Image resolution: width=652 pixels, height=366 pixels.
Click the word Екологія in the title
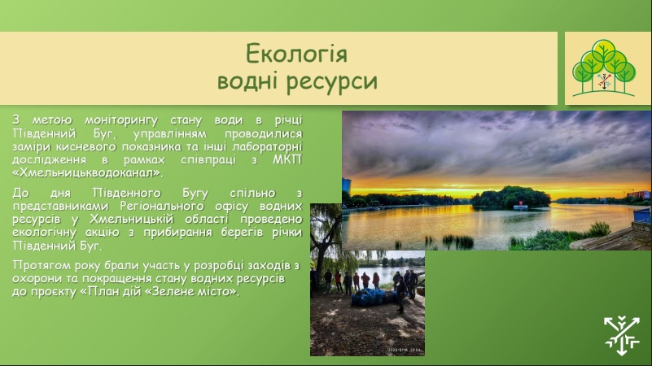click(x=296, y=54)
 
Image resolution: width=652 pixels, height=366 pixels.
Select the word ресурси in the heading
click(x=332, y=81)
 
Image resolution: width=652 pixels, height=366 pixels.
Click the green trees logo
click(x=604, y=68)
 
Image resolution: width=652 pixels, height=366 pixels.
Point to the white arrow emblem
click(x=622, y=336)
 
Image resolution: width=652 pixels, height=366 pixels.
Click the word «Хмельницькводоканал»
click(x=88, y=172)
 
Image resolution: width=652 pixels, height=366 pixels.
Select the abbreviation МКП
click(x=287, y=159)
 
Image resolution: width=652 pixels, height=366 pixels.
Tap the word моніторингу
click(x=121, y=121)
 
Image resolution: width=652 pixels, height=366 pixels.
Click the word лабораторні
click(x=267, y=146)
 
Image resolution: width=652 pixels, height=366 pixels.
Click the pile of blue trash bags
click(x=373, y=298)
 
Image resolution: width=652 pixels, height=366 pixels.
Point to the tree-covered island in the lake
click(x=510, y=197)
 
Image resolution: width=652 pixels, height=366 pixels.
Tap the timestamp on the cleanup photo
click(x=405, y=350)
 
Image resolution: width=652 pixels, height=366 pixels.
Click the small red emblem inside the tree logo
click(x=604, y=81)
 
